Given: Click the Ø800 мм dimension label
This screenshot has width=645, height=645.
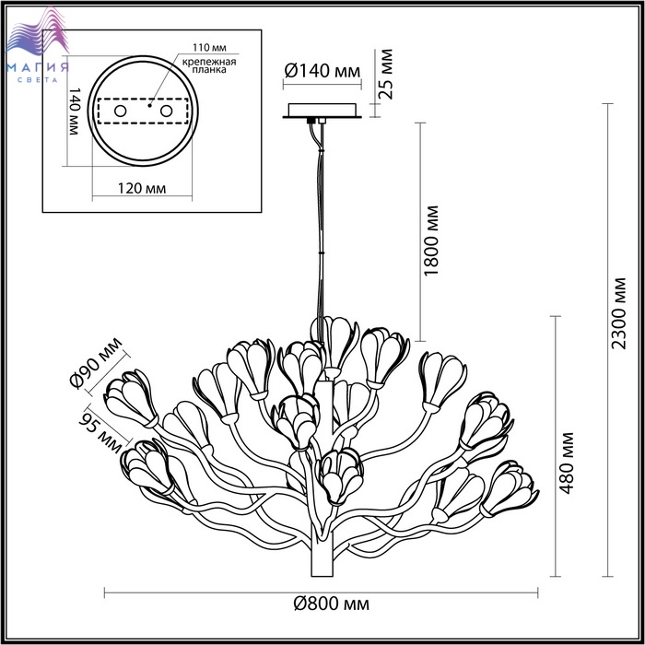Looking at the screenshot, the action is click(x=331, y=604).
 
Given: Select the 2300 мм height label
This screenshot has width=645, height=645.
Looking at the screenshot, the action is click(x=618, y=313).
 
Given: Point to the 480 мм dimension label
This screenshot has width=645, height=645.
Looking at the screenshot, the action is click(x=567, y=463).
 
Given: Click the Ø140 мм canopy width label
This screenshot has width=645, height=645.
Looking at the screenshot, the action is click(x=322, y=71).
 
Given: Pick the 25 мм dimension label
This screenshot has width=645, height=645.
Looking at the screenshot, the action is click(x=385, y=74).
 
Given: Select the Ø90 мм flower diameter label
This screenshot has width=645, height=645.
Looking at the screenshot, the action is click(x=96, y=362).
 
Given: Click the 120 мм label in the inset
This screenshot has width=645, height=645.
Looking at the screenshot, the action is click(x=142, y=188).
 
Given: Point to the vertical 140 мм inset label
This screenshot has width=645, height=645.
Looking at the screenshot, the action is click(x=74, y=111).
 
